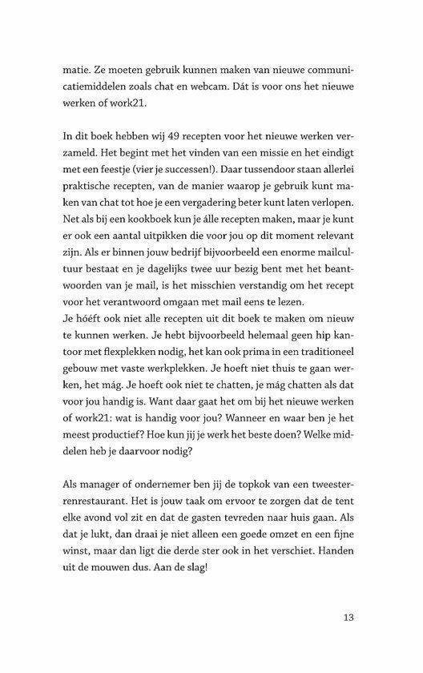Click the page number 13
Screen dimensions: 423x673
tap(347, 618)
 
